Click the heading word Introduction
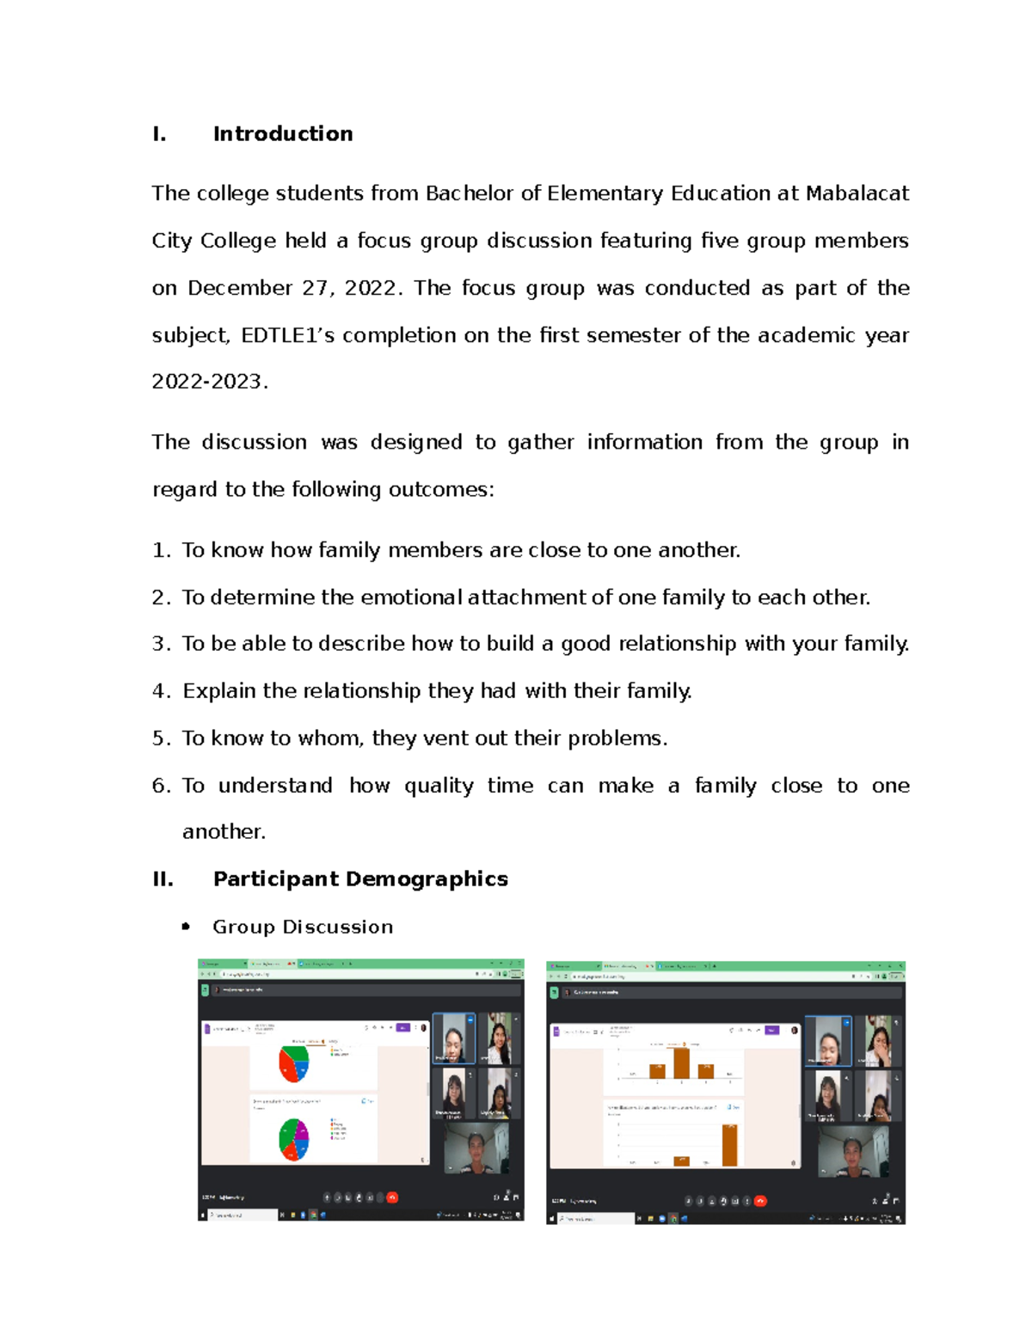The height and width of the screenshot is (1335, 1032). pyautogui.click(x=283, y=134)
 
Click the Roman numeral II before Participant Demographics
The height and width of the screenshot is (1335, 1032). pyautogui.click(x=163, y=879)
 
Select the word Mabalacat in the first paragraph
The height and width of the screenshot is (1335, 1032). pyautogui.click(x=857, y=193)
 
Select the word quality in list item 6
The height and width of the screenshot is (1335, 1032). pyautogui.click(x=439, y=786)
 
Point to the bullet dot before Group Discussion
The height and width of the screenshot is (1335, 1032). pyautogui.click(x=186, y=927)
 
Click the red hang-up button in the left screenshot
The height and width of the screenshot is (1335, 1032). pyautogui.click(x=392, y=1197)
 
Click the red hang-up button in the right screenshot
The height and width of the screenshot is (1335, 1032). pyautogui.click(x=760, y=1201)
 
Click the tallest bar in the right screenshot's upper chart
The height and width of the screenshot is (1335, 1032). pyautogui.click(x=682, y=1062)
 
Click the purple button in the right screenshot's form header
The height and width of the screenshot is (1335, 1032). pyautogui.click(x=771, y=1030)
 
